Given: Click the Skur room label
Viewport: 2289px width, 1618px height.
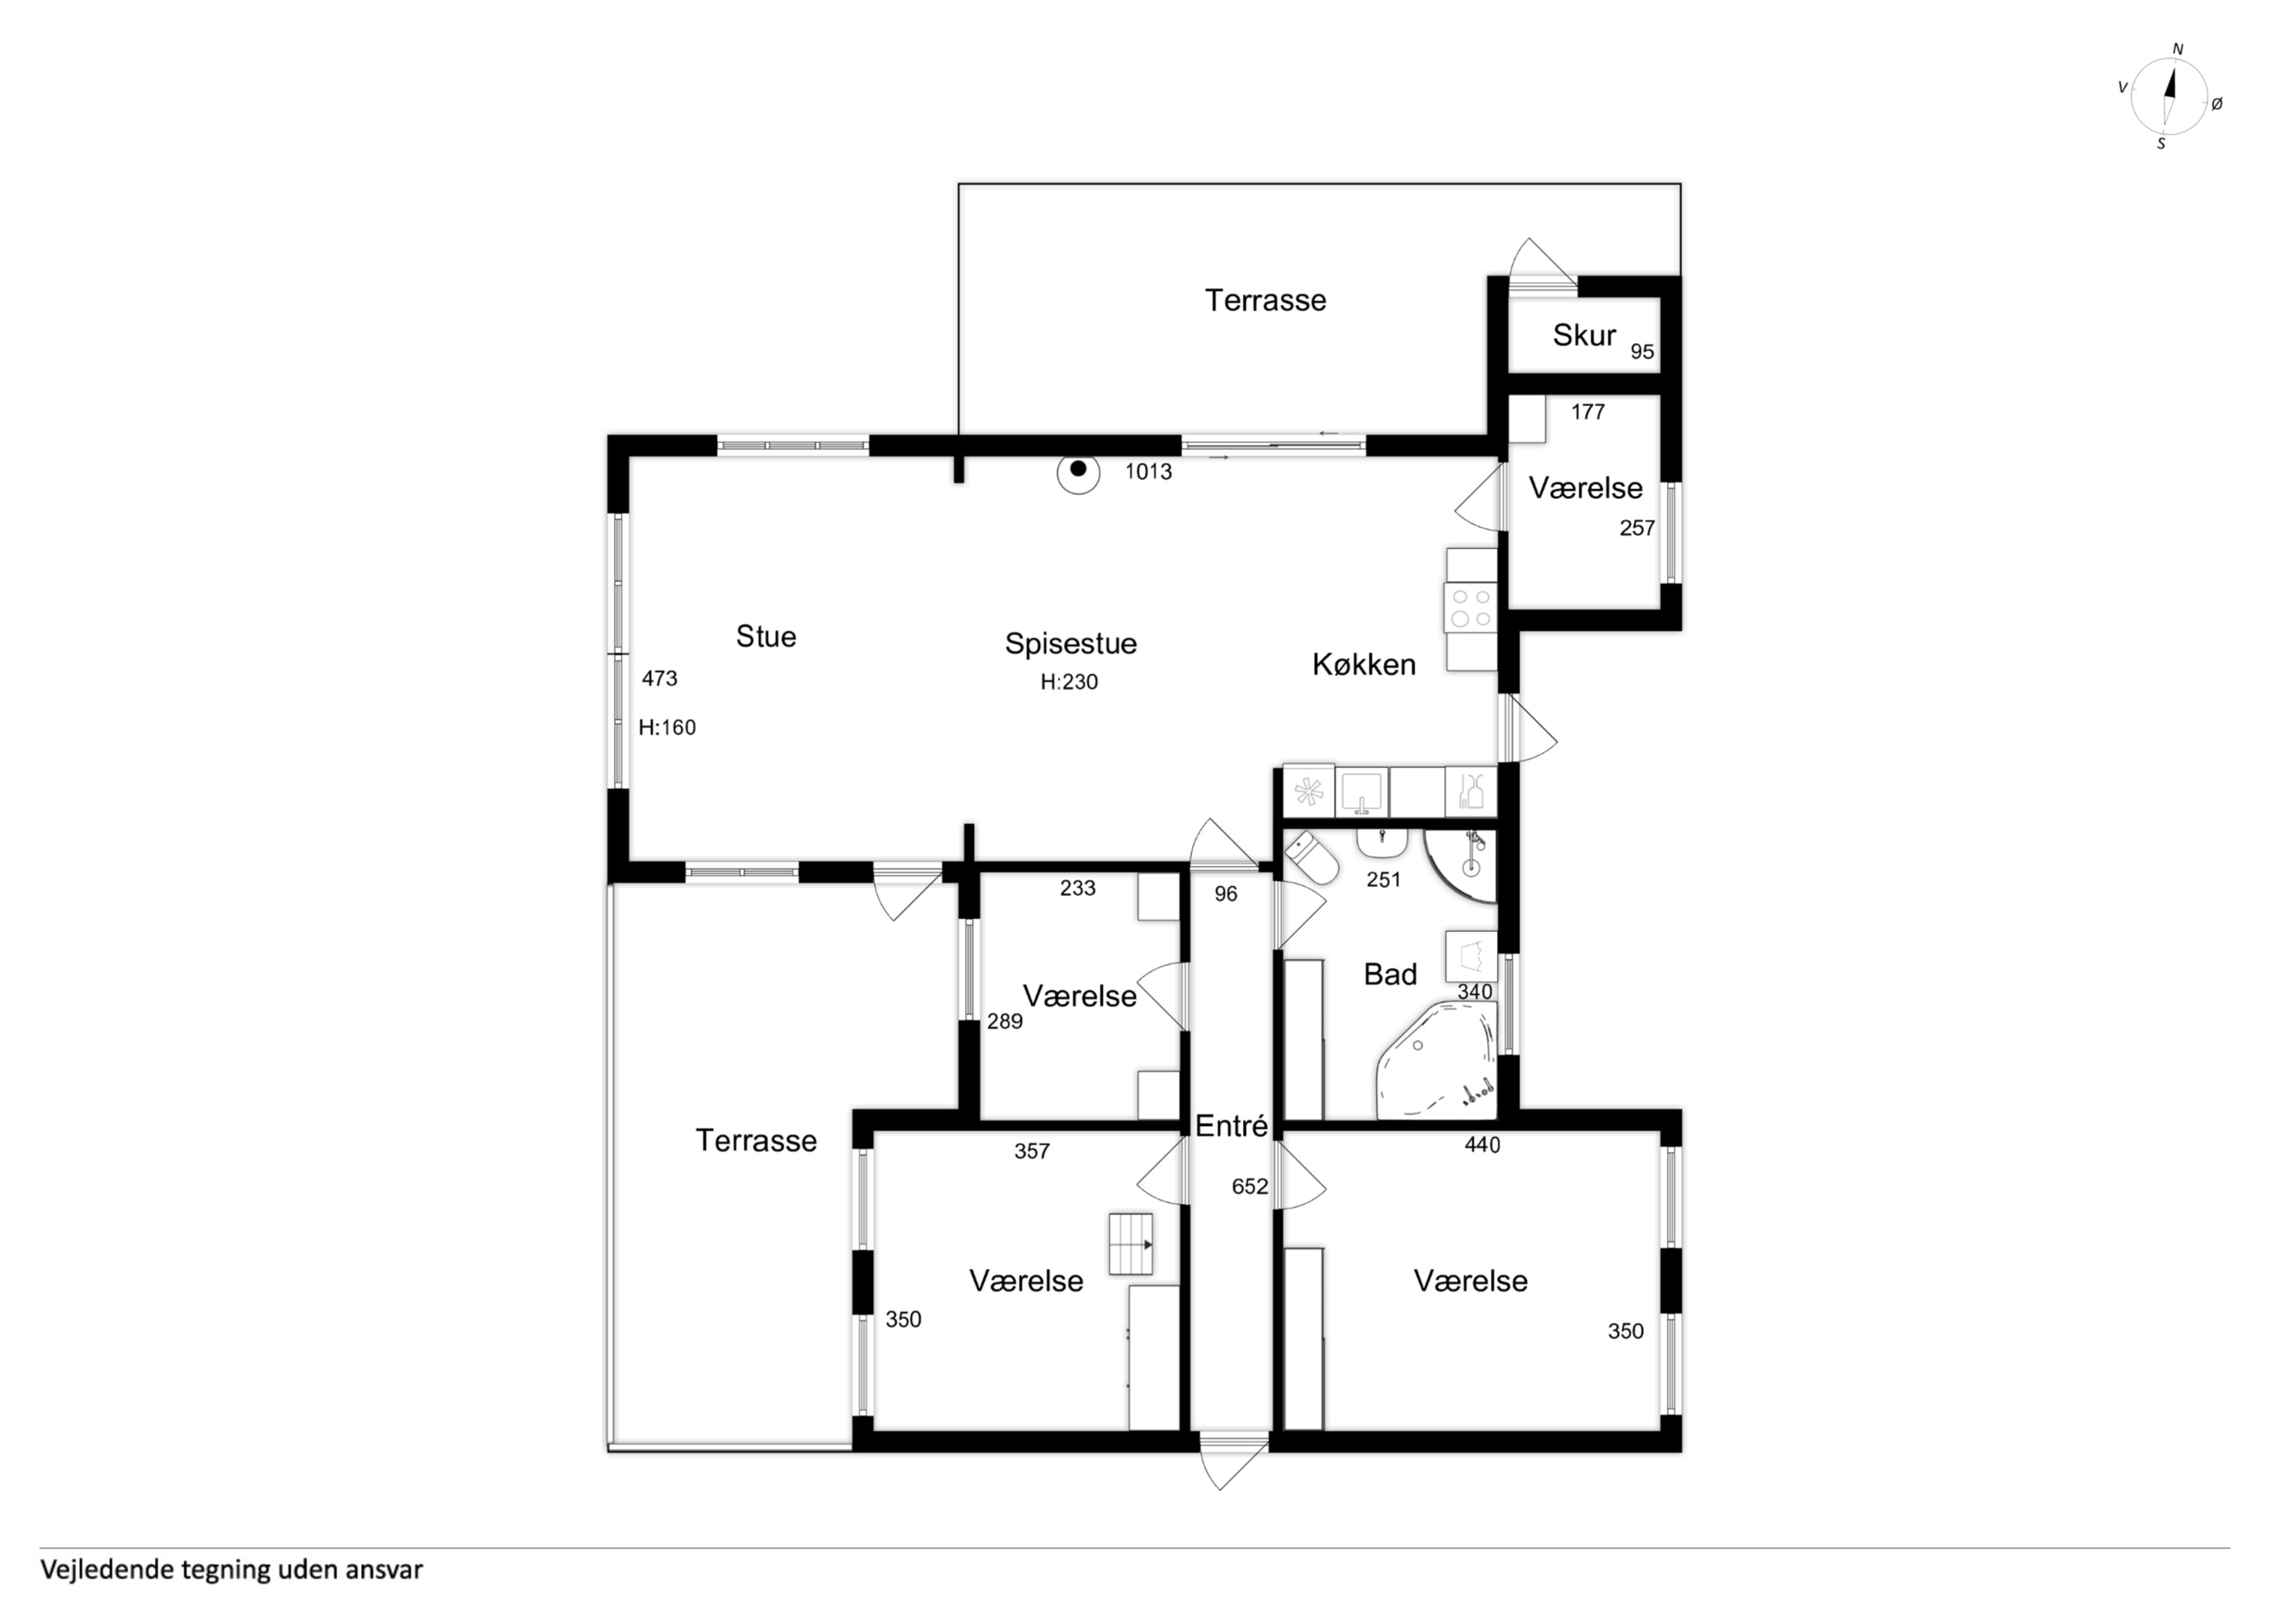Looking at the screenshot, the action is pos(1583,335).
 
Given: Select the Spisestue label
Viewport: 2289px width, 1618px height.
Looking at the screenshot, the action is pos(1070,644).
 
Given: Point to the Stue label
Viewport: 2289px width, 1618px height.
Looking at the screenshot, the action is pos(766,636).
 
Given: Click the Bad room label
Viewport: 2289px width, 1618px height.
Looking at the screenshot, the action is pos(1390,974).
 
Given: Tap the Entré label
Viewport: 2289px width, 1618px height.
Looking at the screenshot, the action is pos(1231,1126).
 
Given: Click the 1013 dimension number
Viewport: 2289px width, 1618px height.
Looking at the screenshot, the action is pos(1149,472).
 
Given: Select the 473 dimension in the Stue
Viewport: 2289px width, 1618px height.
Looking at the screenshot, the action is pos(659,679).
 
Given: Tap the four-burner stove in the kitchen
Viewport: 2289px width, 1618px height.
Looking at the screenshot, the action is pos(1471,608).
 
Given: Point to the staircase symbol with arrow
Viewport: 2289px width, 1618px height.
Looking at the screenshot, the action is pos(1131,1244).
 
